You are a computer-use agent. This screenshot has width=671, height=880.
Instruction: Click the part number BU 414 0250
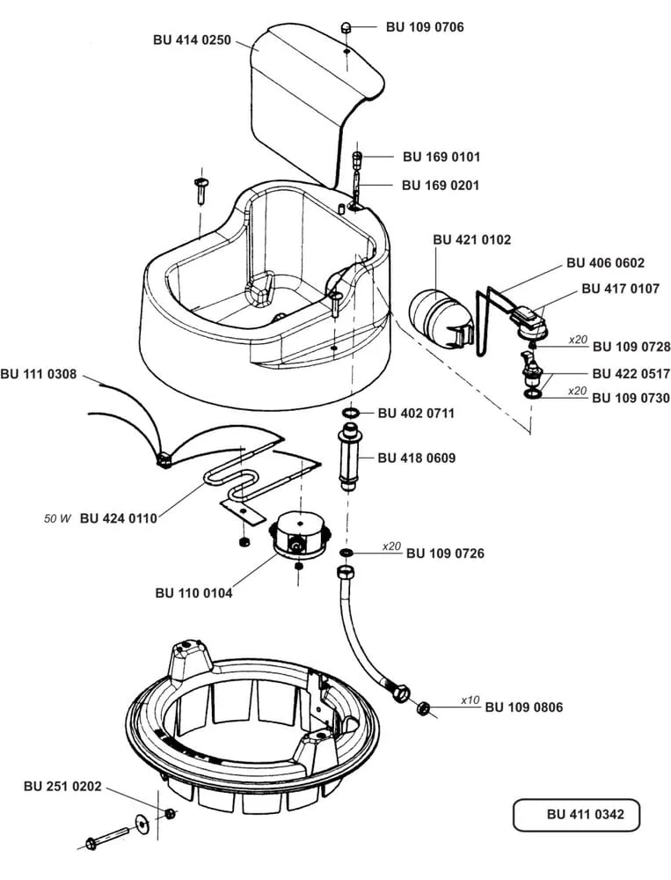(193, 40)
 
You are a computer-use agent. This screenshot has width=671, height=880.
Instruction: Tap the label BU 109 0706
(425, 27)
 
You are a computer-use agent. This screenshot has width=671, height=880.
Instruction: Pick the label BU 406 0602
(605, 262)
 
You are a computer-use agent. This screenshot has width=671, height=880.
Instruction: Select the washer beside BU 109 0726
(346, 553)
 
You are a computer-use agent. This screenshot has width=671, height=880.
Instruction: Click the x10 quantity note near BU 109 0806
(470, 700)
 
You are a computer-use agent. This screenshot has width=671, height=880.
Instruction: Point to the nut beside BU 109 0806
(423, 707)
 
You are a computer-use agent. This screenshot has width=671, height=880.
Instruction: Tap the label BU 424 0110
(118, 518)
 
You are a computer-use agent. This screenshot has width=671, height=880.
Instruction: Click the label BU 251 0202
(62, 786)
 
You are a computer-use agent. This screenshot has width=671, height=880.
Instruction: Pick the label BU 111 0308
(39, 374)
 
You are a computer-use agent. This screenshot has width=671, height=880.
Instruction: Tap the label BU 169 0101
(441, 157)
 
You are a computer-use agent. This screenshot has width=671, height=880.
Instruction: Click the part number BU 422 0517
(631, 374)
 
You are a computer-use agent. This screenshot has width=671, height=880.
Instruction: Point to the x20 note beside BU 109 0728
(577, 339)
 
